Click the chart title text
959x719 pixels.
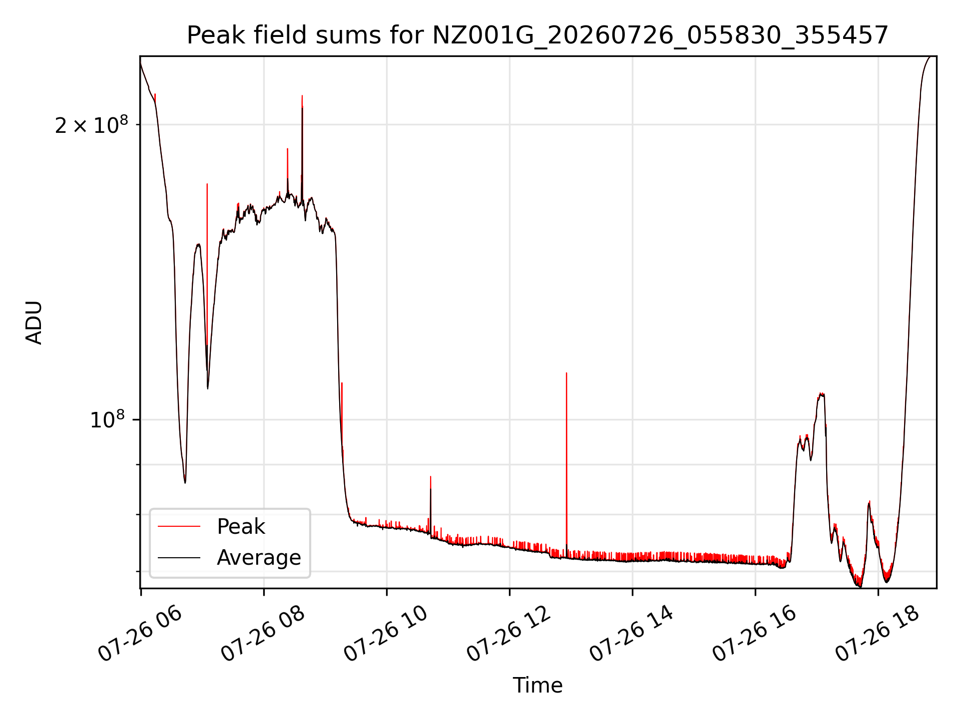(537, 35)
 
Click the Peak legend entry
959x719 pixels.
(211, 526)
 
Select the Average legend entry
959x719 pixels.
(229, 557)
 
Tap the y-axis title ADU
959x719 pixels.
(34, 323)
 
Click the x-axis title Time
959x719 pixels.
(537, 686)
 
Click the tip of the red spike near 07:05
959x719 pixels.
(207, 184)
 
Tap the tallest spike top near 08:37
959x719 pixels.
(302, 95)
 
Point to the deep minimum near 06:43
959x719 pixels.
(185, 482)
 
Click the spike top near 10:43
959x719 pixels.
(431, 476)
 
